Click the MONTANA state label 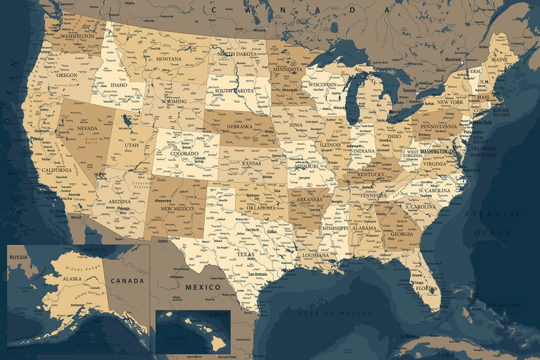coord(169,59)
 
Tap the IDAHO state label coord(118,86)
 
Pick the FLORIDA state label coord(426,288)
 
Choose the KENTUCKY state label coord(371,175)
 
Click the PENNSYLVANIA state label coord(439,127)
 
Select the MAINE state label coord(499,59)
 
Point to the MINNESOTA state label coord(288,69)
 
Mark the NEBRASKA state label coord(239,127)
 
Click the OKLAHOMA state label coord(260,207)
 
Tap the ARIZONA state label coord(120,202)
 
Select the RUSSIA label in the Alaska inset coord(18,257)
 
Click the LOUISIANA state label coord(316,255)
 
